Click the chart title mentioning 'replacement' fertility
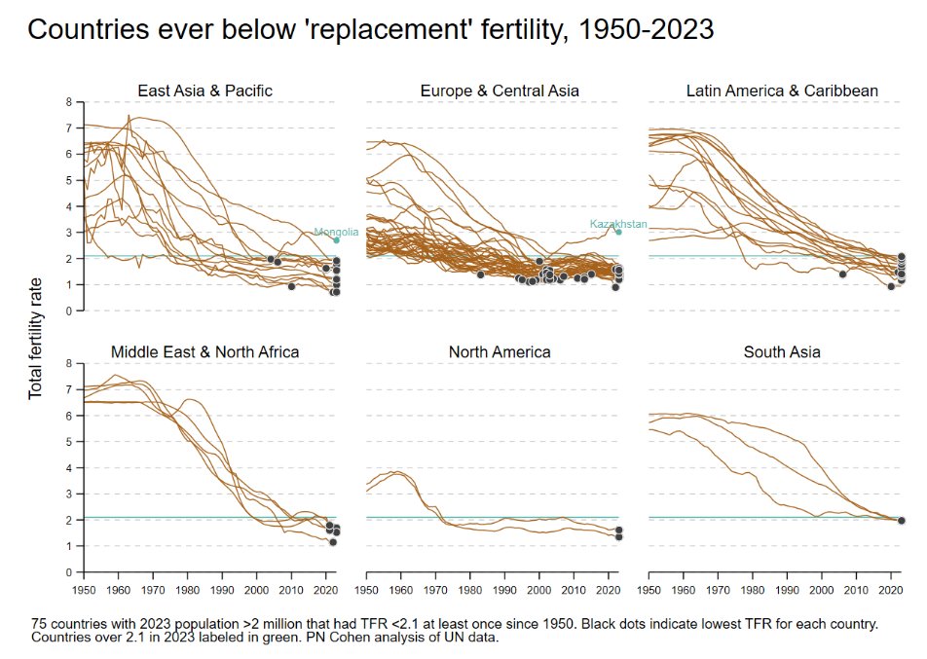370,30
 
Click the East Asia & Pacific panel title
204,91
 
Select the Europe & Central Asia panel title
500,91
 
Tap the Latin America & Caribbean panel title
782,91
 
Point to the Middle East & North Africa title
204,351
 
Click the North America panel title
500,351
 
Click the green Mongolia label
336,233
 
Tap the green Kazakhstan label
618,224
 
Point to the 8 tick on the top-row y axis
68,101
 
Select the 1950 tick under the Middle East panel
84,589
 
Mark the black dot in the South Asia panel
901,520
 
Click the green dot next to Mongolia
336,239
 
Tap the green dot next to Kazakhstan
617,232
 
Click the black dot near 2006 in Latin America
842,275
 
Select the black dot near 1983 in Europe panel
480,275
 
